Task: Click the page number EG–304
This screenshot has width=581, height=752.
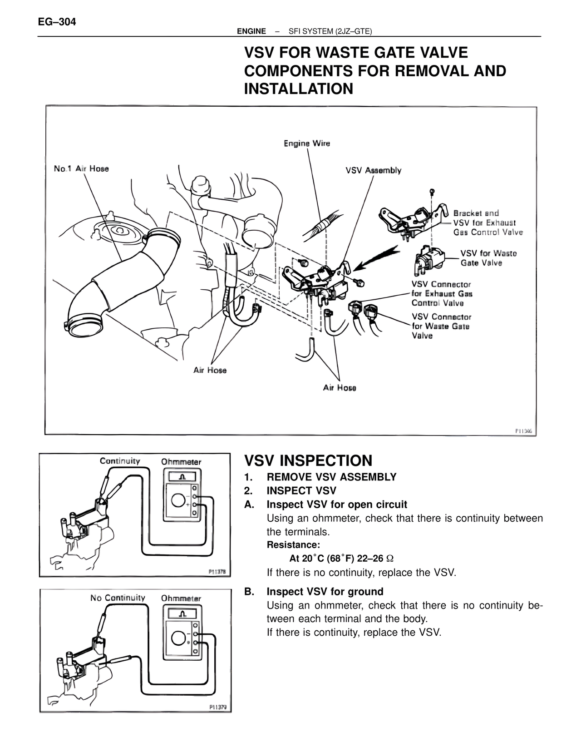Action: pos(57,21)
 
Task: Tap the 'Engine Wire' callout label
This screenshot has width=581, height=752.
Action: pos(307,143)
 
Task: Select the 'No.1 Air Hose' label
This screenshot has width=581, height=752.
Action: pos(81,168)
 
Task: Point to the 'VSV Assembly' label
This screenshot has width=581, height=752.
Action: pos(373,170)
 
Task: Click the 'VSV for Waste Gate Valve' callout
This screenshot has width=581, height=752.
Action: pos(488,258)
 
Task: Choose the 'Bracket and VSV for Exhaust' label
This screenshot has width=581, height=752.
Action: pos(484,218)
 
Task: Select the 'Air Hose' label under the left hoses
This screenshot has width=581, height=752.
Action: pos(210,370)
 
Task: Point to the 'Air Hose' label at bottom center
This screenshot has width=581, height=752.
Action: pos(340,388)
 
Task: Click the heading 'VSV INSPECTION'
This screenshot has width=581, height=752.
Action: pos(308,460)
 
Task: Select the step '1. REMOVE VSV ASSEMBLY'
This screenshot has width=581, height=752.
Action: pos(331,477)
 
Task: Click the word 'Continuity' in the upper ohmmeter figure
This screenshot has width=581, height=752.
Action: pos(120,461)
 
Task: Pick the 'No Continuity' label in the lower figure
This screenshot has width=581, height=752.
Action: pos(118,598)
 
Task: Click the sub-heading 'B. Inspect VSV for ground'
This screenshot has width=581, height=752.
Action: pos(325,591)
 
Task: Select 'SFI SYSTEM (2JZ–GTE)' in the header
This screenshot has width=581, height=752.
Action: pos(330,31)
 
